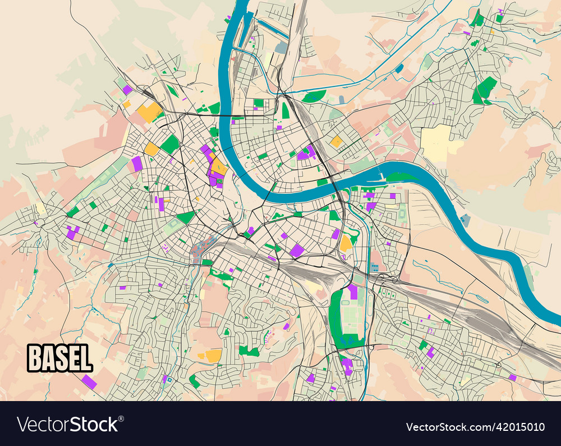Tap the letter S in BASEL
[x=61, y=358]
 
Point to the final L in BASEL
[x=85, y=358]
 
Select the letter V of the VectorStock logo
[x=24, y=424]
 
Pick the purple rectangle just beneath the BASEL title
[x=89, y=381]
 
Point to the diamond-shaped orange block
[x=336, y=142]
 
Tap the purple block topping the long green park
[x=352, y=291]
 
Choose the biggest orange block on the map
[x=149, y=112]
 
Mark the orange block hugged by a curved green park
[x=346, y=243]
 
